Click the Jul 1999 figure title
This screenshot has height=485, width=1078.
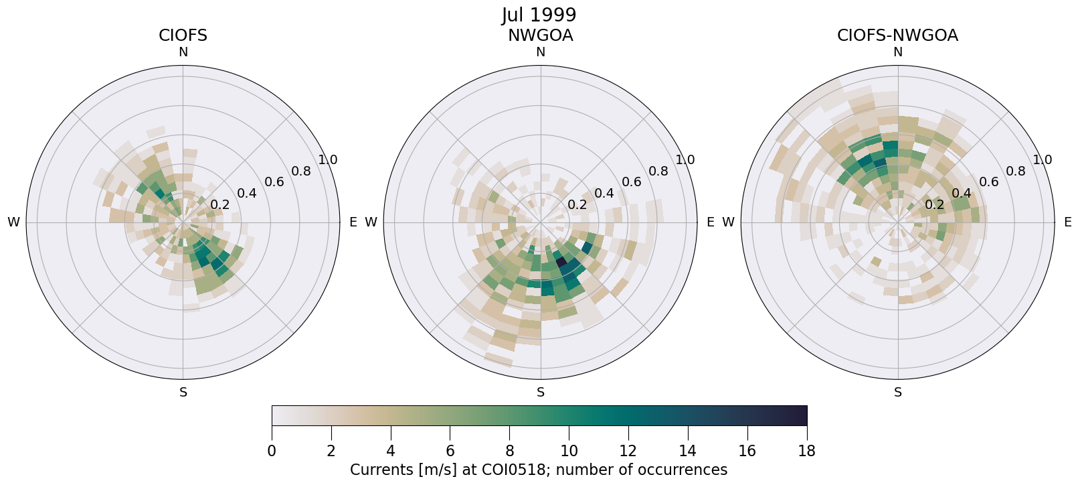coord(539,15)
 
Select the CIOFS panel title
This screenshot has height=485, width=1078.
coord(183,36)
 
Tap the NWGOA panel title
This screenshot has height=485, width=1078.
coord(540,36)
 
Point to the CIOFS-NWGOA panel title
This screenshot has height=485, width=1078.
coord(897,36)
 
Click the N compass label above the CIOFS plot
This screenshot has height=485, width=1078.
coord(183,52)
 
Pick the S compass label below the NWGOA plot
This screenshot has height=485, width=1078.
coord(540,393)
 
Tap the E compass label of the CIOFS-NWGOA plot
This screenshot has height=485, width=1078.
coord(1067,222)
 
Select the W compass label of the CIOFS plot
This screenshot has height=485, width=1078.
coord(13,222)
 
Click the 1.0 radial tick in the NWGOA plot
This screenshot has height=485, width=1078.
coord(685,160)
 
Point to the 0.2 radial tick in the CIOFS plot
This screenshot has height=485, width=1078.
coord(219,205)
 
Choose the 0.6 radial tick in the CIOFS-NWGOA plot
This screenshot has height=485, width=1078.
coord(989,182)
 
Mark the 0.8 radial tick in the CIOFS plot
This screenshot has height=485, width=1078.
coord(301,171)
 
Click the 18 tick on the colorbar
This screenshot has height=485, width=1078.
coord(807,451)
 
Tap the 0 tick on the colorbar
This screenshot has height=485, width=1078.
coord(272,451)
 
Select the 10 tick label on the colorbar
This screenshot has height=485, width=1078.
coord(569,451)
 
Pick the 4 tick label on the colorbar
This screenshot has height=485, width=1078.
coord(390,451)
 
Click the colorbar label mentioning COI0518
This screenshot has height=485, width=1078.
coord(539,470)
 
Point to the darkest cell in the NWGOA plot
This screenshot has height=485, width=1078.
coord(562,261)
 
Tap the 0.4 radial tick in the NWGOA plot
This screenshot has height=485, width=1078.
coord(604,194)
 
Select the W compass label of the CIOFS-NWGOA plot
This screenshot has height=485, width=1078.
coord(729,222)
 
